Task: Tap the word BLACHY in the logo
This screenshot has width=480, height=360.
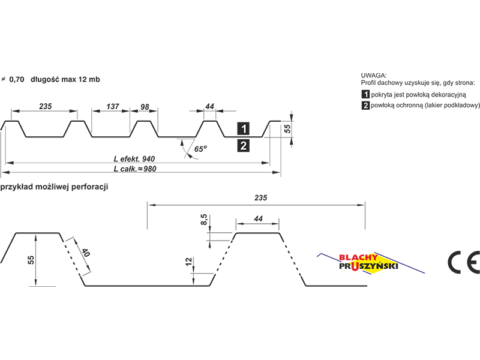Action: click(x=358, y=258)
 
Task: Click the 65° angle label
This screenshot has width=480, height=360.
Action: click(x=200, y=149)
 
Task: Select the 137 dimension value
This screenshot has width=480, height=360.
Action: click(x=113, y=106)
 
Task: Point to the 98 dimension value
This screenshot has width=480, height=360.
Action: click(x=145, y=107)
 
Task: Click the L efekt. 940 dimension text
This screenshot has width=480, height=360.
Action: click(x=134, y=159)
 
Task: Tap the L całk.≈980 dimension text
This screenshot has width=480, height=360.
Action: click(x=135, y=169)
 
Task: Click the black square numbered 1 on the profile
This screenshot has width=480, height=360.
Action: click(x=244, y=128)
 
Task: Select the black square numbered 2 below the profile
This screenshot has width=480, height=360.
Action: click(x=244, y=146)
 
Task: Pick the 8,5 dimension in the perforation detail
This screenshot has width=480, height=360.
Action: click(x=204, y=220)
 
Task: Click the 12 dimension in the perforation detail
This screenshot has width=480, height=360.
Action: click(x=188, y=261)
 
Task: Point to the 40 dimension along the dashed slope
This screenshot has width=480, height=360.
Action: click(x=85, y=253)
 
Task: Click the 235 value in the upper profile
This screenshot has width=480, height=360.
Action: click(x=46, y=106)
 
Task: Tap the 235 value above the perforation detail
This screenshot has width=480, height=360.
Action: click(x=260, y=198)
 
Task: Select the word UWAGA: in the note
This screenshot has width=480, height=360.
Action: click(x=373, y=76)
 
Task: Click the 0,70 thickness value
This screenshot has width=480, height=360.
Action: click(x=17, y=79)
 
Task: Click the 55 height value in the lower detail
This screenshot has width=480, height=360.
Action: click(x=31, y=260)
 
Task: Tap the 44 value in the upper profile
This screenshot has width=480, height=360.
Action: click(x=209, y=106)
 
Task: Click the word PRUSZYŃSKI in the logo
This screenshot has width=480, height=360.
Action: click(x=368, y=266)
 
